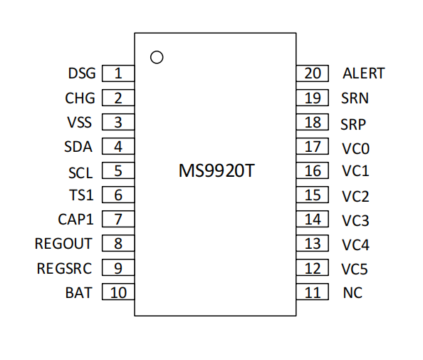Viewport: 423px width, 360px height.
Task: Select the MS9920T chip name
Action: [x=216, y=170]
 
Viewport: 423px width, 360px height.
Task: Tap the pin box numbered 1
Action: [x=118, y=73]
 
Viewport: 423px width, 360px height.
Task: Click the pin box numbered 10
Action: [x=118, y=292]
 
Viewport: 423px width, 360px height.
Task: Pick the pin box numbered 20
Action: [x=313, y=73]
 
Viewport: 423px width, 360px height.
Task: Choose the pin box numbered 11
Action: [x=313, y=292]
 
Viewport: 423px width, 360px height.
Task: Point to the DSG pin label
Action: [x=82, y=73]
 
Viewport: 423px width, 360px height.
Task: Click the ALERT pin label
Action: [x=364, y=73]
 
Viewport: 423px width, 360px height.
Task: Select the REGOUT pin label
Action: [x=63, y=244]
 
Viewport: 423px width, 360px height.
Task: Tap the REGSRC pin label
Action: [x=64, y=269]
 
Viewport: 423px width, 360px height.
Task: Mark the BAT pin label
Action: [x=79, y=293]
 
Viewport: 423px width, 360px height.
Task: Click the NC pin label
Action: [x=352, y=293]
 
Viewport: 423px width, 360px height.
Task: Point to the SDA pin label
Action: [x=78, y=147]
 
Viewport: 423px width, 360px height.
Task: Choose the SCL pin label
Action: [x=80, y=173]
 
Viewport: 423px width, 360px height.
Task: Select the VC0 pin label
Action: [x=355, y=148]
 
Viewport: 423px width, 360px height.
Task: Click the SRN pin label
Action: [x=355, y=98]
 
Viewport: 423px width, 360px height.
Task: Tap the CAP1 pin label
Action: [x=75, y=220]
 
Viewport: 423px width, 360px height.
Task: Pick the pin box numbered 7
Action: [x=118, y=219]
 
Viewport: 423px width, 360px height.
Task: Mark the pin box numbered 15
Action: [x=313, y=195]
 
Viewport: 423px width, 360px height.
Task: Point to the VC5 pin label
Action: [x=355, y=269]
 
